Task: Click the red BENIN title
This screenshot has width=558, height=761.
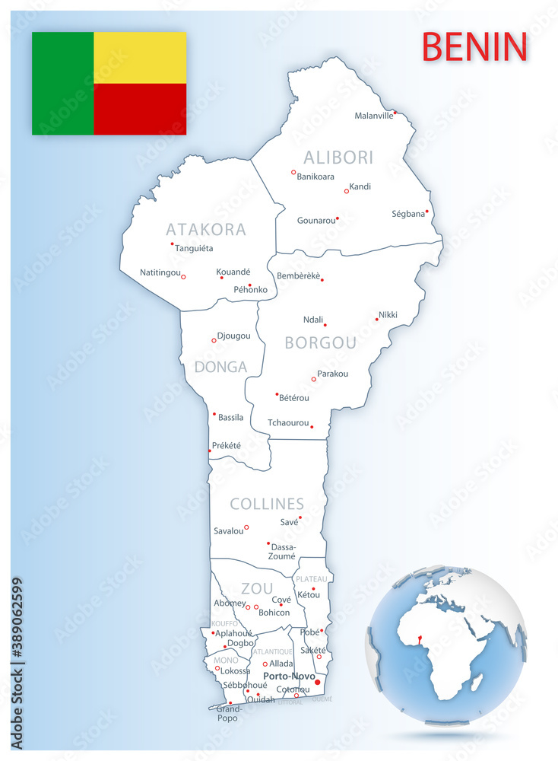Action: click(474, 46)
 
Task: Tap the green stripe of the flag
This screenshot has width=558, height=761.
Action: click(62, 83)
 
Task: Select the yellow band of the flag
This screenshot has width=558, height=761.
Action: click(140, 57)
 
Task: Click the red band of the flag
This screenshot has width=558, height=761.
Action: click(140, 109)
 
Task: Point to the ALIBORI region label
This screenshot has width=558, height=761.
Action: click(338, 158)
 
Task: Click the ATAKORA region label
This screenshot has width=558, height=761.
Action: click(206, 229)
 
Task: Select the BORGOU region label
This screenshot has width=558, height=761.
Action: click(320, 343)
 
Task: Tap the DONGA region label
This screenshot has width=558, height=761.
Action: click(221, 367)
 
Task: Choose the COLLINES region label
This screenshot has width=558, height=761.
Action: click(267, 504)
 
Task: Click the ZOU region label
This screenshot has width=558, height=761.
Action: click(256, 588)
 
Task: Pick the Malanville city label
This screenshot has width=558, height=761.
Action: click(374, 116)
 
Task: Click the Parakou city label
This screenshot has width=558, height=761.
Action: click(333, 374)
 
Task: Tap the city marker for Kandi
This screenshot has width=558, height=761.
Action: click(347, 191)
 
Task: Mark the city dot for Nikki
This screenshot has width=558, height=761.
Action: click(376, 319)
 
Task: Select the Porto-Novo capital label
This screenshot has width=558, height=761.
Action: click(289, 676)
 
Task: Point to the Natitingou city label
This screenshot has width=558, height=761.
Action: click(160, 272)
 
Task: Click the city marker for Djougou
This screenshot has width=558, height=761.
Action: click(214, 340)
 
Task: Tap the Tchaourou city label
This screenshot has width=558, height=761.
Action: click(288, 422)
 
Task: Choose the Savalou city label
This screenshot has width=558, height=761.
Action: click(229, 530)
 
